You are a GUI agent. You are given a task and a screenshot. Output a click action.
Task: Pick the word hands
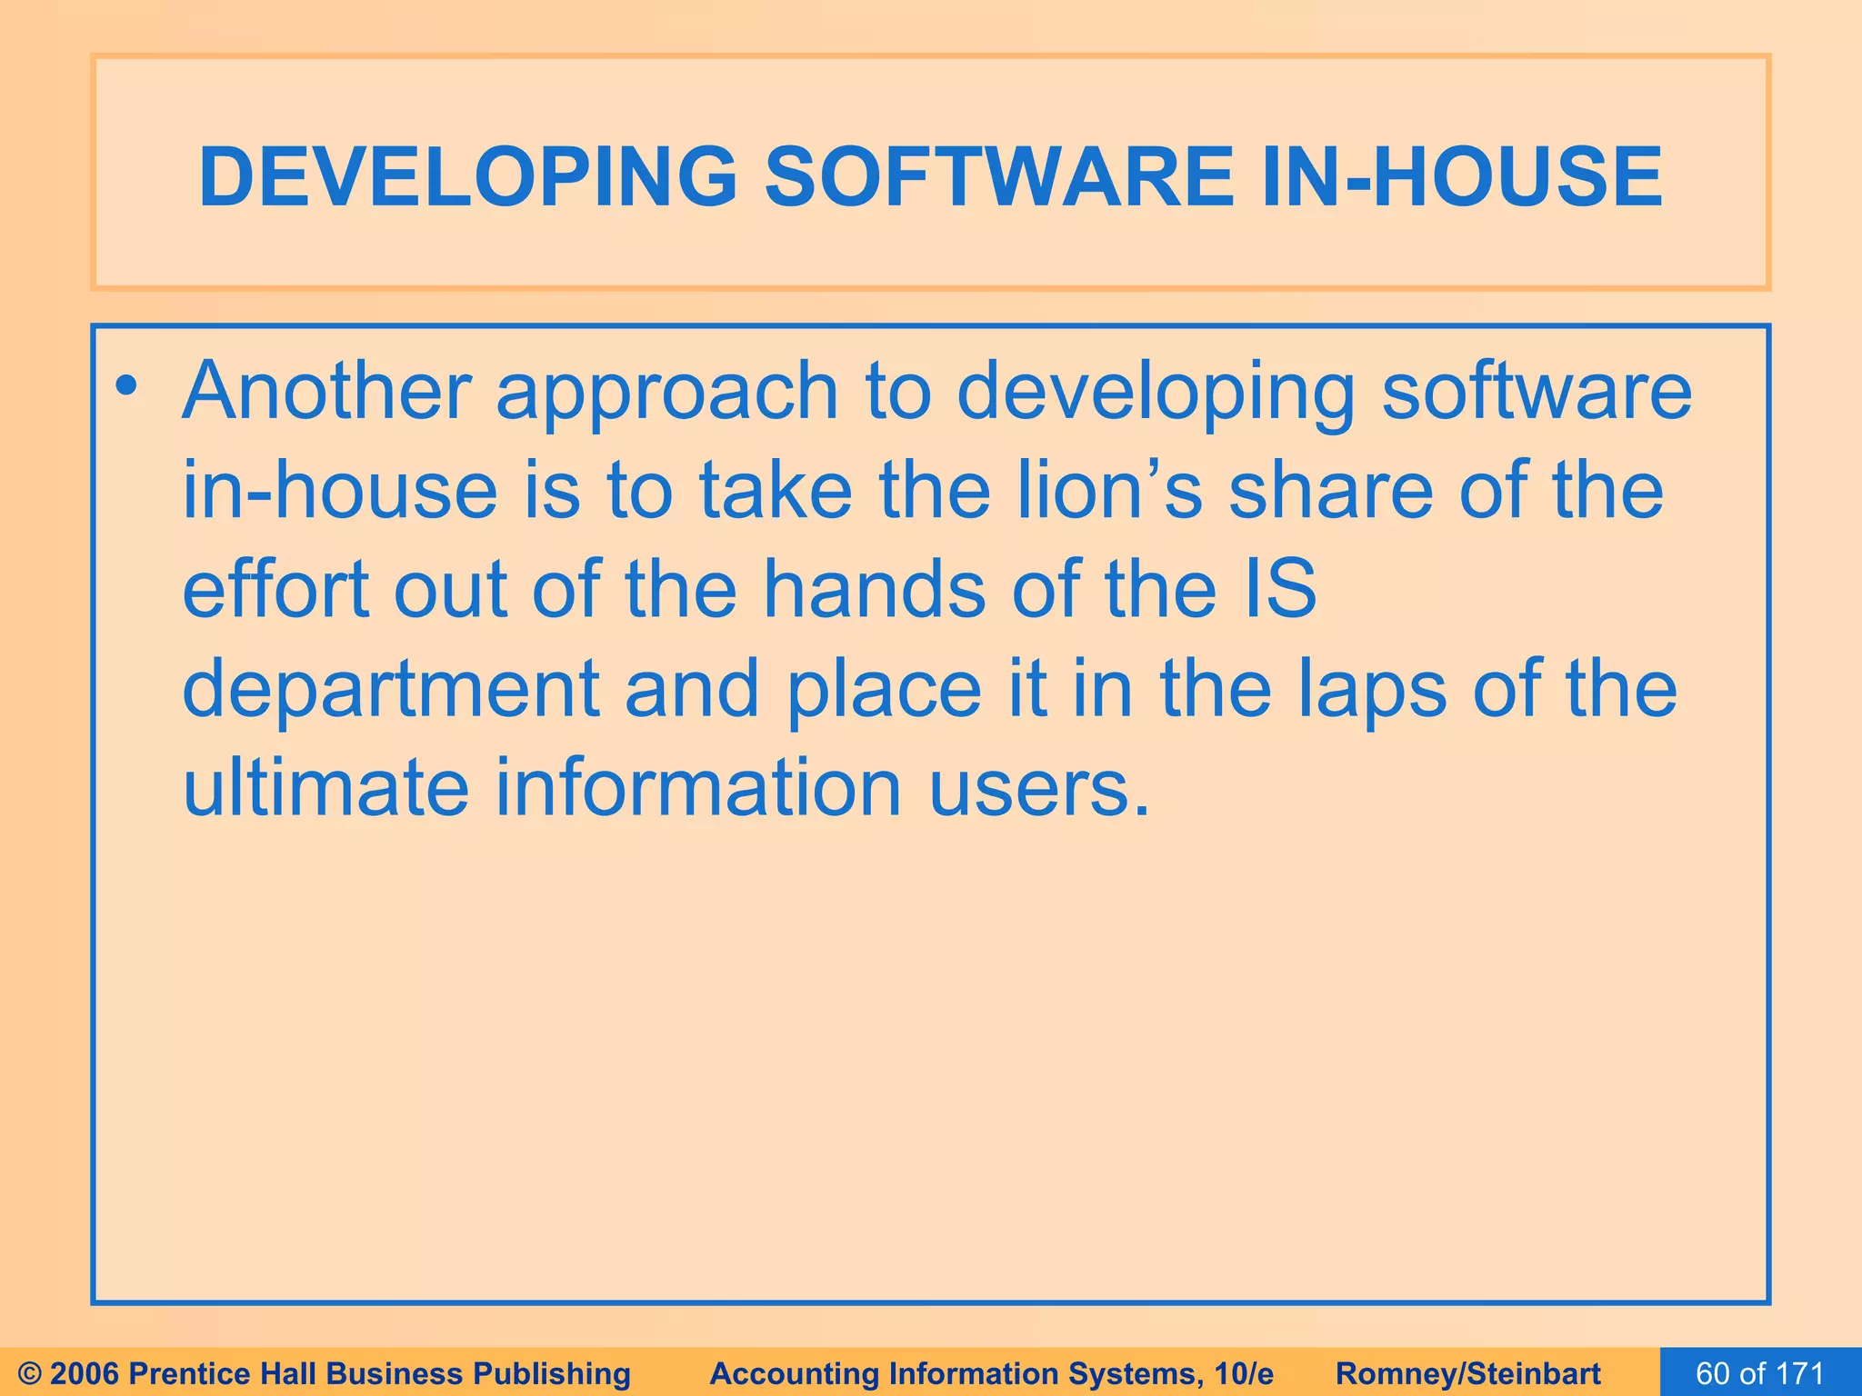click(x=874, y=589)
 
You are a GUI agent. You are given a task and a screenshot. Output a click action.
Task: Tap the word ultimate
click(x=325, y=787)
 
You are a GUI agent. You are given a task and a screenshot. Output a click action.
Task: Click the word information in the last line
click(x=698, y=787)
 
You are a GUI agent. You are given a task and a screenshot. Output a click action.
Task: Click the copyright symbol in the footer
click(x=31, y=1373)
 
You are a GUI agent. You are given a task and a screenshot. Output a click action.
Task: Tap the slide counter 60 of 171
click(x=1760, y=1373)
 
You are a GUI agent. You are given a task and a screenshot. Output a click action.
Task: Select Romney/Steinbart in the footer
click(x=1468, y=1373)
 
